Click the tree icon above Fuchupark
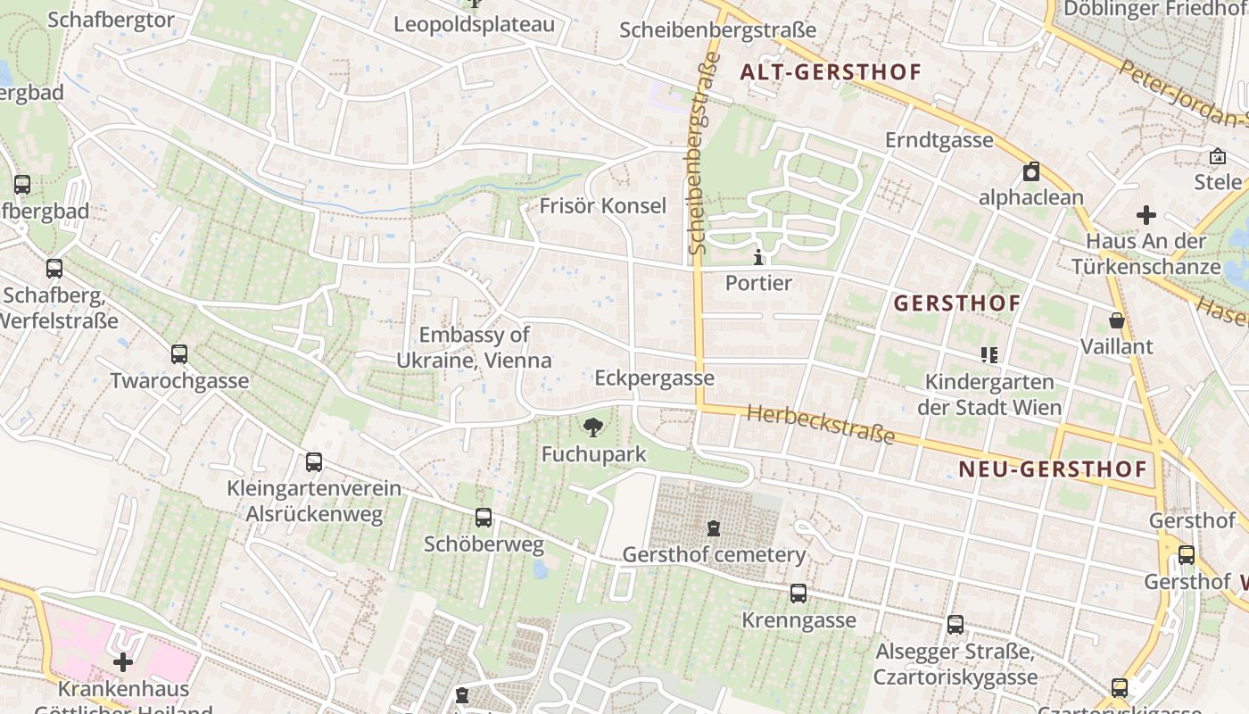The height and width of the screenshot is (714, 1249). click(591, 427)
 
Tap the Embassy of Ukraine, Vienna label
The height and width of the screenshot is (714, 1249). click(474, 348)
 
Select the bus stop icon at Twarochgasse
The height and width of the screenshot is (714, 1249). click(179, 354)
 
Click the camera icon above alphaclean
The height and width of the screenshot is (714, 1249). click(1031, 171)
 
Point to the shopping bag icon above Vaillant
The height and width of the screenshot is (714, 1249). click(1116, 320)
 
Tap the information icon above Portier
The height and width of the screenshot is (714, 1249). click(758, 258)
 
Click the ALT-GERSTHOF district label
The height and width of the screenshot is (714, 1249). click(831, 72)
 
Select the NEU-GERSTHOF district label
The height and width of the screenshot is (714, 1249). click(1053, 469)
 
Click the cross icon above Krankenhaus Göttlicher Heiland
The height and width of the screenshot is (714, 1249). click(123, 662)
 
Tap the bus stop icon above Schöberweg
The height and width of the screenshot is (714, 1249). click(484, 517)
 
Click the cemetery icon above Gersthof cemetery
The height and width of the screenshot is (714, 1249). click(713, 528)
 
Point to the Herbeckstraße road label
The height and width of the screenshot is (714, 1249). click(820, 424)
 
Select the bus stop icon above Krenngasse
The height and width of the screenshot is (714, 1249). click(798, 594)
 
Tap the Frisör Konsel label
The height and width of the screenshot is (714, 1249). click(603, 206)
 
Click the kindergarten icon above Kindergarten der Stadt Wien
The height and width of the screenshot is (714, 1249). click(988, 355)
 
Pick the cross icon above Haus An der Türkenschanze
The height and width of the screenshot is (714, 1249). click(1146, 215)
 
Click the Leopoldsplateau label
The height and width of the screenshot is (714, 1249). click(474, 24)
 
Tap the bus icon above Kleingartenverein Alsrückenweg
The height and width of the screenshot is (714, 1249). click(314, 462)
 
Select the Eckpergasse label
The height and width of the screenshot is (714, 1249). click(655, 378)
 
